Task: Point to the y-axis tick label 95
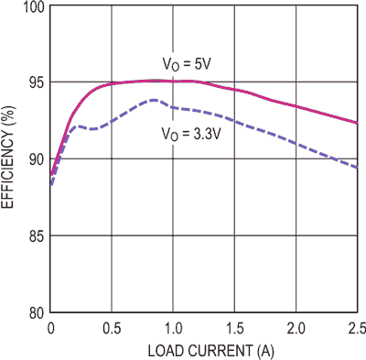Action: click(32, 82)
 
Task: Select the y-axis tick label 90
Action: click(32, 159)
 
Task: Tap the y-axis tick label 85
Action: click(32, 235)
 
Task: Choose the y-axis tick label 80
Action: click(32, 311)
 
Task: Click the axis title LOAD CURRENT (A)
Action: click(202, 349)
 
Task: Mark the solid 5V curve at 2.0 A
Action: click(295, 105)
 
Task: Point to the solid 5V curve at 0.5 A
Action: click(112, 83)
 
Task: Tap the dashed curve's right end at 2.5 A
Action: click(356, 168)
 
